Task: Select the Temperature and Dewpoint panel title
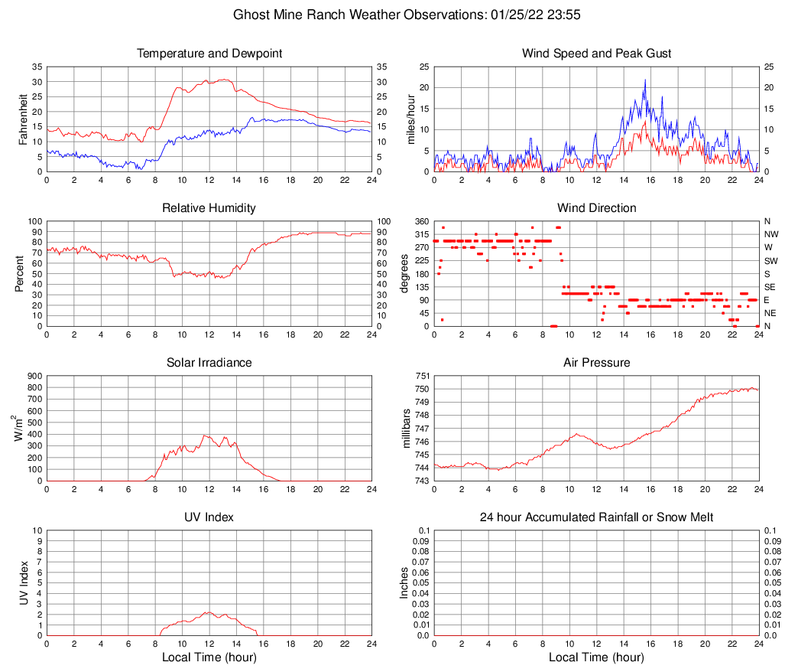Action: coord(209,54)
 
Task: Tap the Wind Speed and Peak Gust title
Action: coord(596,54)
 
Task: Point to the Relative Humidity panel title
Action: coord(209,208)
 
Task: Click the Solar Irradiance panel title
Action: coord(209,362)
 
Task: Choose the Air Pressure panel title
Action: coord(596,362)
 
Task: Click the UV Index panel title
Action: coord(209,517)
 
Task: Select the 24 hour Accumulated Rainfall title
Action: coord(596,517)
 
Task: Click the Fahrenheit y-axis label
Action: coord(24,119)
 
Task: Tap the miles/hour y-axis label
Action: coord(411,119)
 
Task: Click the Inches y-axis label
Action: coord(406,582)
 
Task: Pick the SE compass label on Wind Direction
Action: coord(770,287)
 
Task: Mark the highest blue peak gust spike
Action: coord(645,80)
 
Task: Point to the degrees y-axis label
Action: coord(406,273)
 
